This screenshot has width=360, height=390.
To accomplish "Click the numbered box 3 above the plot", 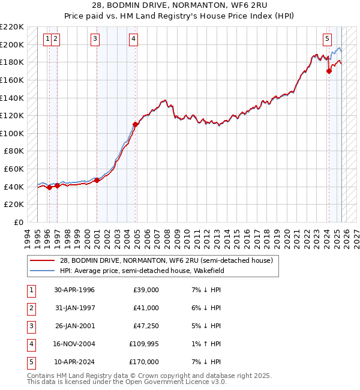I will [95, 40].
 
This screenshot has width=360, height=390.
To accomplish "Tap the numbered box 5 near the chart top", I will [327, 40].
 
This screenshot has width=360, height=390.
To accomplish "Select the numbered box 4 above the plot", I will [133, 40].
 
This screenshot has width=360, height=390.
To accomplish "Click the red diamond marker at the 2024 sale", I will [329, 71].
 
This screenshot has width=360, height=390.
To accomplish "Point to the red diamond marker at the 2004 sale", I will [136, 124].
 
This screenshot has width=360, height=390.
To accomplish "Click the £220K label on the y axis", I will [13, 27].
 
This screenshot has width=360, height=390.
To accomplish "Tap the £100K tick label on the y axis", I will [13, 133].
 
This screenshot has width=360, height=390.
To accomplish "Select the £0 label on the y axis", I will [19, 222].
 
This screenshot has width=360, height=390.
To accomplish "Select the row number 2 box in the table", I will [31, 308].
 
